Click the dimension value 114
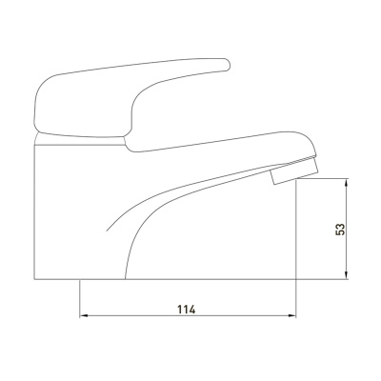tap(187, 310)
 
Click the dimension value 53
tap(340, 229)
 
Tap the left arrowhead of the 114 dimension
tap(83, 316)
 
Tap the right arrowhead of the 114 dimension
tap(291, 316)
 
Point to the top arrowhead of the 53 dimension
tap(347, 183)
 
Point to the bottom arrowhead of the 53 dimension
tap(347, 275)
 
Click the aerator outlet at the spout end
tap(293, 171)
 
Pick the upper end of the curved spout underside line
tap(270, 170)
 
